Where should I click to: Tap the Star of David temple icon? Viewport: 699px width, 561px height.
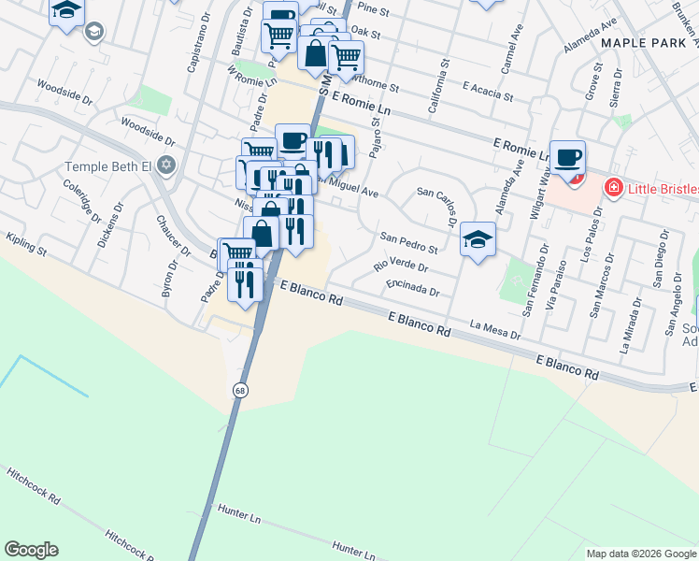167,165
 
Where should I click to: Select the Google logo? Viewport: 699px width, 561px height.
31,550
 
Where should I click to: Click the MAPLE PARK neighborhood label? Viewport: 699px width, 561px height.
649,43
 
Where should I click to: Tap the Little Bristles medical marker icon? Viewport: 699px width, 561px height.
614,188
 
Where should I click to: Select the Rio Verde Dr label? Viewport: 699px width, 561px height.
400,266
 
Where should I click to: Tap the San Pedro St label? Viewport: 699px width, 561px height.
409,242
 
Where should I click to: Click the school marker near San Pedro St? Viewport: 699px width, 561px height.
478,240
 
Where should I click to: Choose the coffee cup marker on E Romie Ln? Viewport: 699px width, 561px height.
567,157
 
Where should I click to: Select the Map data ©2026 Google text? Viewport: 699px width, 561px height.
639,554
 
